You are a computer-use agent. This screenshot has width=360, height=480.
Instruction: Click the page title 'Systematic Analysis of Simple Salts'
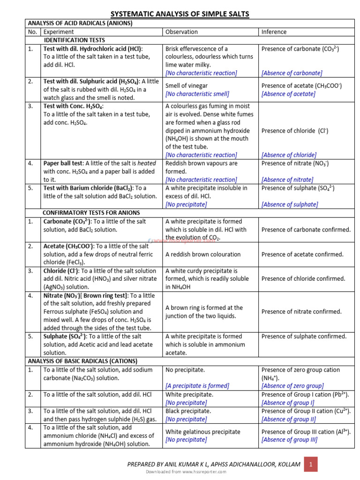[x=180, y=14]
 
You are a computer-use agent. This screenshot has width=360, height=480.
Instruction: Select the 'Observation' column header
[x=181, y=32]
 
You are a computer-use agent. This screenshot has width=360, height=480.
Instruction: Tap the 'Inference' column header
[x=274, y=32]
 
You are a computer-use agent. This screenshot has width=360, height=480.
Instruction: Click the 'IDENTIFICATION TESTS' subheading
[x=75, y=40]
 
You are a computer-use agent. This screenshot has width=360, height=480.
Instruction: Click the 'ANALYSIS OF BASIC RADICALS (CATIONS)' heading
[x=82, y=361]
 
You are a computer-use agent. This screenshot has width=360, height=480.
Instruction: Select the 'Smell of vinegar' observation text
[x=187, y=86]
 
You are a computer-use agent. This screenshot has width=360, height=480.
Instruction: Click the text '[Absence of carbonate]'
[x=292, y=73]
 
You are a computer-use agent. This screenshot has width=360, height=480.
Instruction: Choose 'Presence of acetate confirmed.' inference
[x=302, y=254]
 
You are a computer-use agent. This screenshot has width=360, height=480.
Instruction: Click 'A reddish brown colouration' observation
[x=203, y=254]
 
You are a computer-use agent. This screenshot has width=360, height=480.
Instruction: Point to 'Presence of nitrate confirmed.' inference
[x=301, y=312]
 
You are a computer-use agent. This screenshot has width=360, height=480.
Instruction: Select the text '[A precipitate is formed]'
[x=197, y=386]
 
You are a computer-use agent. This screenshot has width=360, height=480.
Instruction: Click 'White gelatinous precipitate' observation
[x=202, y=432]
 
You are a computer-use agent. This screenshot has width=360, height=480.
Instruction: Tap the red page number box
[x=310, y=465]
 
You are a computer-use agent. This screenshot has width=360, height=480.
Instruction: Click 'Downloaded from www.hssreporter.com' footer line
[x=180, y=471]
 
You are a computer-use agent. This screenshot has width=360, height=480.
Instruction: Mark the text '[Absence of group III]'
[x=289, y=440]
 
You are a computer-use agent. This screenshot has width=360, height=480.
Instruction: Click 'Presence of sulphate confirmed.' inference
[x=304, y=336]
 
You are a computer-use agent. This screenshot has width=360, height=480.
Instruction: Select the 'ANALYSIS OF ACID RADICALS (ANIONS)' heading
[x=80, y=23]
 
